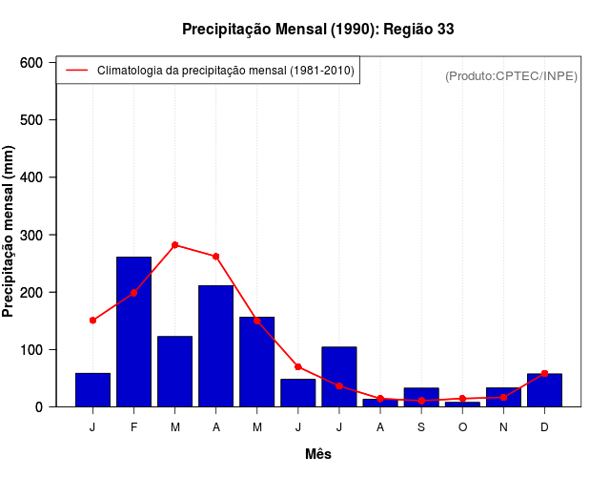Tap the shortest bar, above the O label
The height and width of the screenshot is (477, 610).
462,404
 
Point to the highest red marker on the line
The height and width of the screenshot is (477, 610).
174,245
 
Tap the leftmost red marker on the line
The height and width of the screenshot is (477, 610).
92,321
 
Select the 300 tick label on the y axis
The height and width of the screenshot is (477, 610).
32,235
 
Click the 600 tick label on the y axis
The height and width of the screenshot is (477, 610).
32,63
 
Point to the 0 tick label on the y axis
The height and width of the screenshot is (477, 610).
39,407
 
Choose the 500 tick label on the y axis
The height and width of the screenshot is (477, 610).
32,120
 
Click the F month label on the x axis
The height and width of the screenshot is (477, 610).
133,426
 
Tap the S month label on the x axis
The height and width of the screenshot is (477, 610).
421,426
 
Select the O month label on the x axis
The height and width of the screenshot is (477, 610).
462,426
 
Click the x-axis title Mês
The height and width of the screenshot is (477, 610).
318,454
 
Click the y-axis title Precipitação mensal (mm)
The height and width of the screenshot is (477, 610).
10,231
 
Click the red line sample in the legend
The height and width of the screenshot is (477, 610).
76,71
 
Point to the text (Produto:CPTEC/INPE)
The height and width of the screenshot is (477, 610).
511,75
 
